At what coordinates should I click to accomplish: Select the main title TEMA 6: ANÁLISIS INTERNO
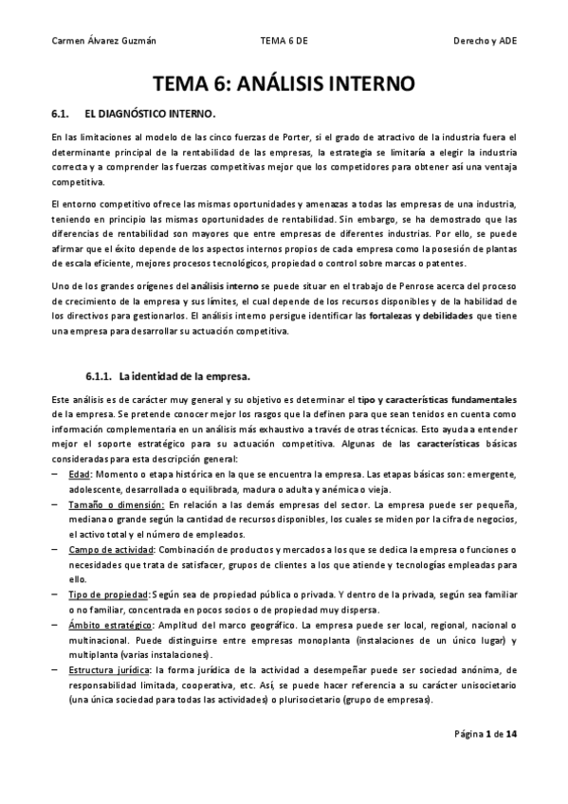click(284, 82)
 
